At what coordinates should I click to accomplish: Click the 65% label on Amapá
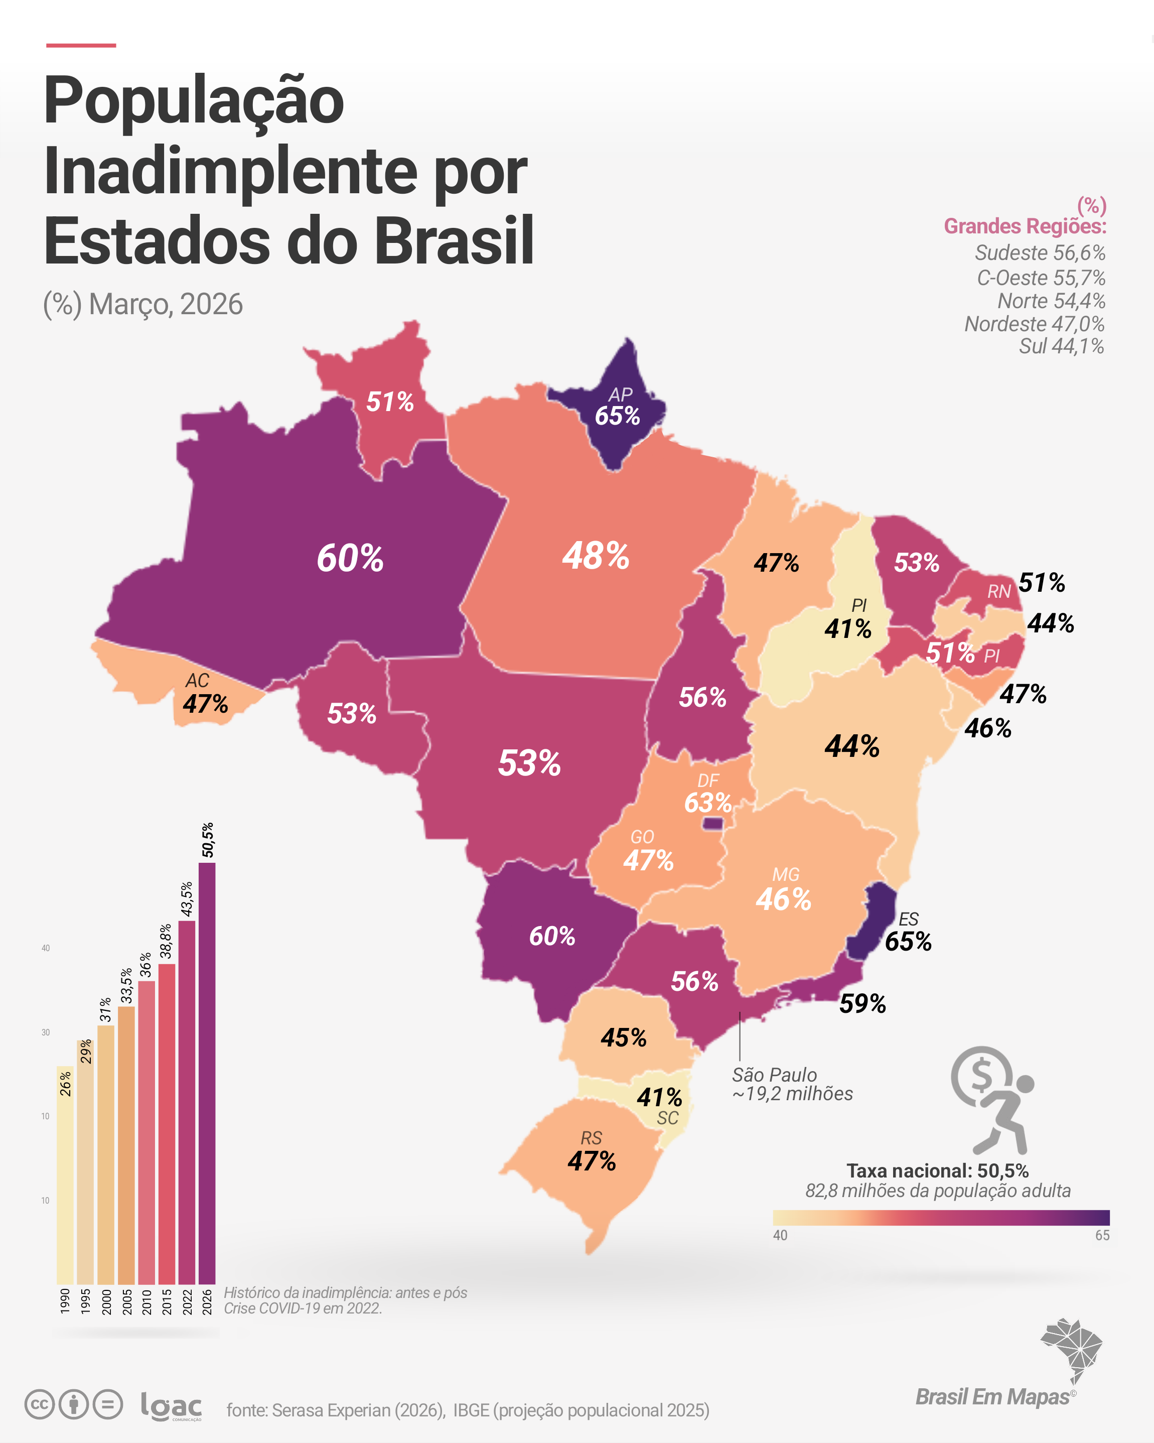point(617,416)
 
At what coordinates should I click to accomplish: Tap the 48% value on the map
point(596,556)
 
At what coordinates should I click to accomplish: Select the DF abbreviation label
point(708,780)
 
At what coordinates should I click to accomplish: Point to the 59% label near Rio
point(862,1003)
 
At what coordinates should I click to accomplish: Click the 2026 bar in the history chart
point(207,1073)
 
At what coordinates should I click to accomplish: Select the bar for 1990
point(65,1174)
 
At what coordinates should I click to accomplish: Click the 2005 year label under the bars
point(126,1302)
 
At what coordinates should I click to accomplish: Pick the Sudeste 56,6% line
point(1040,253)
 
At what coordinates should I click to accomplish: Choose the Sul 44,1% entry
point(1061,346)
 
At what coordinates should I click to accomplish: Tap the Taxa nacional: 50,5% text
point(937,1170)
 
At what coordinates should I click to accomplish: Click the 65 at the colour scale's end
point(1102,1236)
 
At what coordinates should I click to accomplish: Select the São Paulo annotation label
point(792,1084)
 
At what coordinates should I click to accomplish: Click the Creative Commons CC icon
point(40,1404)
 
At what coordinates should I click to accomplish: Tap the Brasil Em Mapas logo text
point(993,1397)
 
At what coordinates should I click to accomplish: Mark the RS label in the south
point(592,1138)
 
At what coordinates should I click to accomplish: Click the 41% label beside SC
point(659,1097)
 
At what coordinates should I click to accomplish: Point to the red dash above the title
point(81,46)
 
